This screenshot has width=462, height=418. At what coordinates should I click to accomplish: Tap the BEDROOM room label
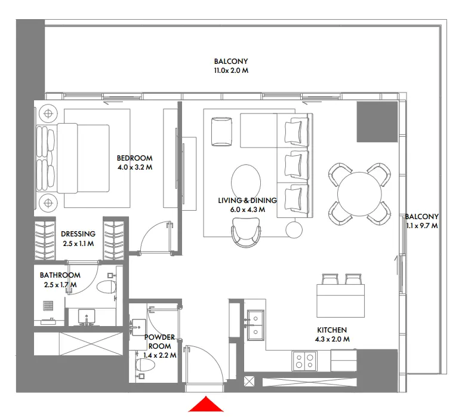[x=134, y=158]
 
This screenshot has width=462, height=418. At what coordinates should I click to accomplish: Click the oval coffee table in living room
[x=245, y=181]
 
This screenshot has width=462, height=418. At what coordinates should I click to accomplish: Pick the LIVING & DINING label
[x=248, y=201]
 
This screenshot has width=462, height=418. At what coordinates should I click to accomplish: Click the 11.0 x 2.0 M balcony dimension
[x=231, y=70]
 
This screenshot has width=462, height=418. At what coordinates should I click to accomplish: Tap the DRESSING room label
[x=78, y=234]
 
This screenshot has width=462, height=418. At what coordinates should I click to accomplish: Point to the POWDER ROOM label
[x=160, y=342]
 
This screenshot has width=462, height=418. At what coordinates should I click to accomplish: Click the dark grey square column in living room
[x=377, y=121]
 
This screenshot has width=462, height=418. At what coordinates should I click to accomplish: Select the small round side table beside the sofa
[x=293, y=229]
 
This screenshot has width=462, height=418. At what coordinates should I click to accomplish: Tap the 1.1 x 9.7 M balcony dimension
[x=421, y=226]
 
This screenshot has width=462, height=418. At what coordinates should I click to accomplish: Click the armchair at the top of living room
[x=223, y=131]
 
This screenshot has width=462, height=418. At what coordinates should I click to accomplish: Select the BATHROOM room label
[x=60, y=275]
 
